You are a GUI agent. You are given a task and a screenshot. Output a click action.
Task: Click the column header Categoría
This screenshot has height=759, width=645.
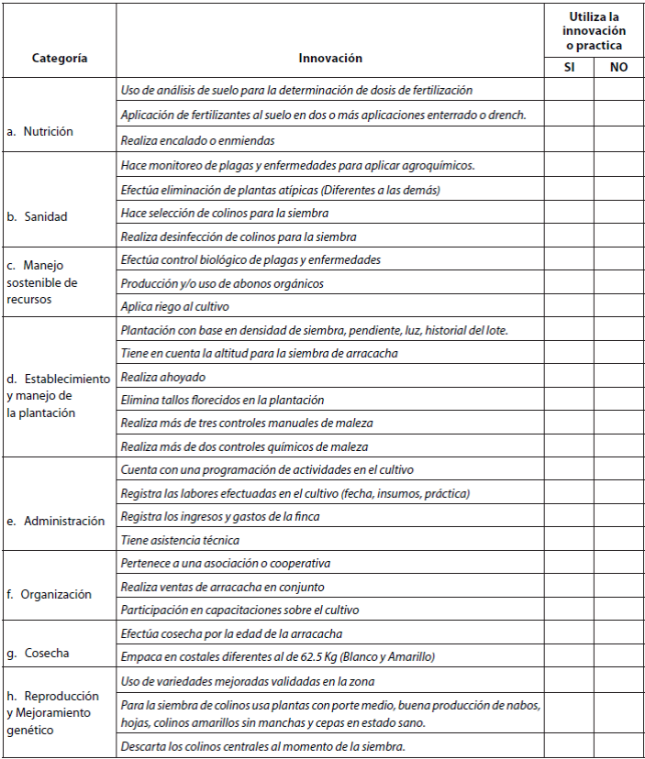pos(60,58)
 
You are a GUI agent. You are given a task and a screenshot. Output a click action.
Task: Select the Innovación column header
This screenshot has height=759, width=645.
pos(330,58)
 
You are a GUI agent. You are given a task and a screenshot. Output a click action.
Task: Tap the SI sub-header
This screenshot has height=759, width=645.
pos(569,67)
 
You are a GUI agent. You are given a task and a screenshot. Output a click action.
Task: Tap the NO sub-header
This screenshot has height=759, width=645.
pos(618,67)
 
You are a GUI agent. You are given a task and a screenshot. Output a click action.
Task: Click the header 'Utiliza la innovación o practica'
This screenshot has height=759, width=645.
pos(594,31)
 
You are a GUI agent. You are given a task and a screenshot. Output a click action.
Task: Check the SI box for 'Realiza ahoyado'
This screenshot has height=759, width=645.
pos(569,377)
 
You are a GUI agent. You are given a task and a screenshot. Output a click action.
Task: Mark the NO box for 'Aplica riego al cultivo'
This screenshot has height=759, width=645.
pos(618,306)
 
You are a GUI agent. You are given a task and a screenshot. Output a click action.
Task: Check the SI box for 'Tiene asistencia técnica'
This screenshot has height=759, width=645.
pos(569,540)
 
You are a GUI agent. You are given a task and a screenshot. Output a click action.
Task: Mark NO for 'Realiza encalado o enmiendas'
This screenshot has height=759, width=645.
pos(618,140)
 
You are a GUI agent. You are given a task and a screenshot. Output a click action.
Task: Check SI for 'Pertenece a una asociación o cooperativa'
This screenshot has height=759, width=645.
pos(569,563)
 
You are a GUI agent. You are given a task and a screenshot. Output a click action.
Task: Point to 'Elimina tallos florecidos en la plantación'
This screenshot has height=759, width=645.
pos(223,400)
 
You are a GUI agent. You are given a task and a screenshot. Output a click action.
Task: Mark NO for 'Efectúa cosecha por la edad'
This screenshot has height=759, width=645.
pos(618,633)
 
